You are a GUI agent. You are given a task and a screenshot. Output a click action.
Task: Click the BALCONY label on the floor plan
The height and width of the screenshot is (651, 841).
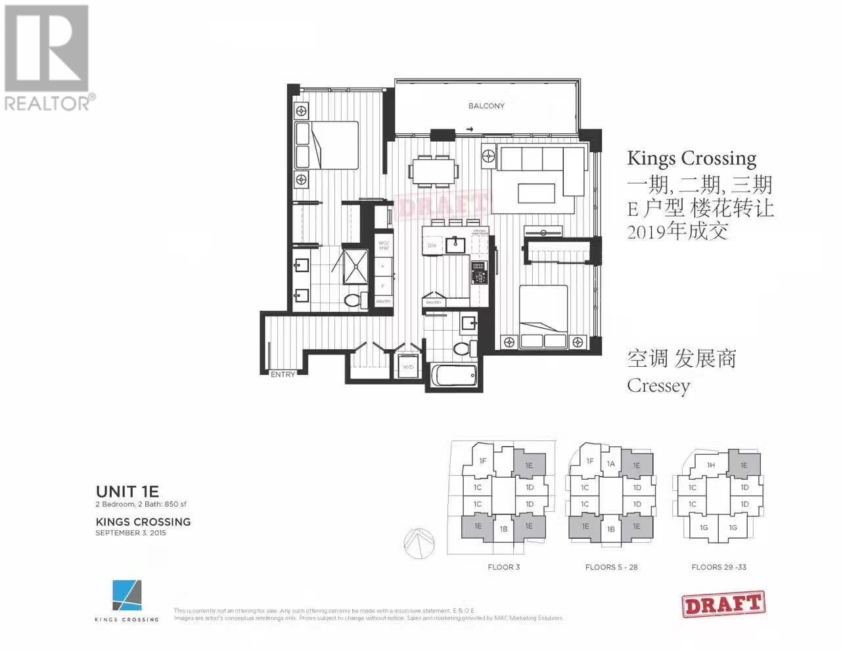486,106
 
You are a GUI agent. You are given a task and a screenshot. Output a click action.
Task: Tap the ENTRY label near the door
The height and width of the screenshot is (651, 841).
283,374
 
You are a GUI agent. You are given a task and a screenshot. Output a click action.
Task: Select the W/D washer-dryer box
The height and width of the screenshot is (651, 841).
407,367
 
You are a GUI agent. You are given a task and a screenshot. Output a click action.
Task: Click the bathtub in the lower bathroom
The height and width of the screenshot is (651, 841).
454,377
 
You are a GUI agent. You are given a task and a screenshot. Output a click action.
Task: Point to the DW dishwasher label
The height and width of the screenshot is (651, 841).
432,245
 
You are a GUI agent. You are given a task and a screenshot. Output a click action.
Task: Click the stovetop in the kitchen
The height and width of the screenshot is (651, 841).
478,271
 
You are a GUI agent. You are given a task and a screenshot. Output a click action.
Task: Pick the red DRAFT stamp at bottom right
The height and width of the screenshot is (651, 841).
723,604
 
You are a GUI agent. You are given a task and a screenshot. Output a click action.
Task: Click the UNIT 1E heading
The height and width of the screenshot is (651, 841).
127,492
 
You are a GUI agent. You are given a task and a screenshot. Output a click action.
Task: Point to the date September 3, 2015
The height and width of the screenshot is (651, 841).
131,533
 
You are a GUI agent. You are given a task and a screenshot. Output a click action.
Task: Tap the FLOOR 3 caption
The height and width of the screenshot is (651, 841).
504,567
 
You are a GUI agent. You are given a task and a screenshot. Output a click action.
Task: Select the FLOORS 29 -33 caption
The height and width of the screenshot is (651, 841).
719,567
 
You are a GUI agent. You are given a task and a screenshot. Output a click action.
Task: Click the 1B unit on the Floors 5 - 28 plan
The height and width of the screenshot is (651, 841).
610,530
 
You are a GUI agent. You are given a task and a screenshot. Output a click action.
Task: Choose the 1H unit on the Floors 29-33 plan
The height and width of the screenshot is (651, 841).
711,465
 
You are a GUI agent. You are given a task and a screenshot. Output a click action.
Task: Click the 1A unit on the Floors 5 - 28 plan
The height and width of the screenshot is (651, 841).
611,464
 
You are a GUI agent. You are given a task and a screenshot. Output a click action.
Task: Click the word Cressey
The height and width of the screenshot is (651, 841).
658,385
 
